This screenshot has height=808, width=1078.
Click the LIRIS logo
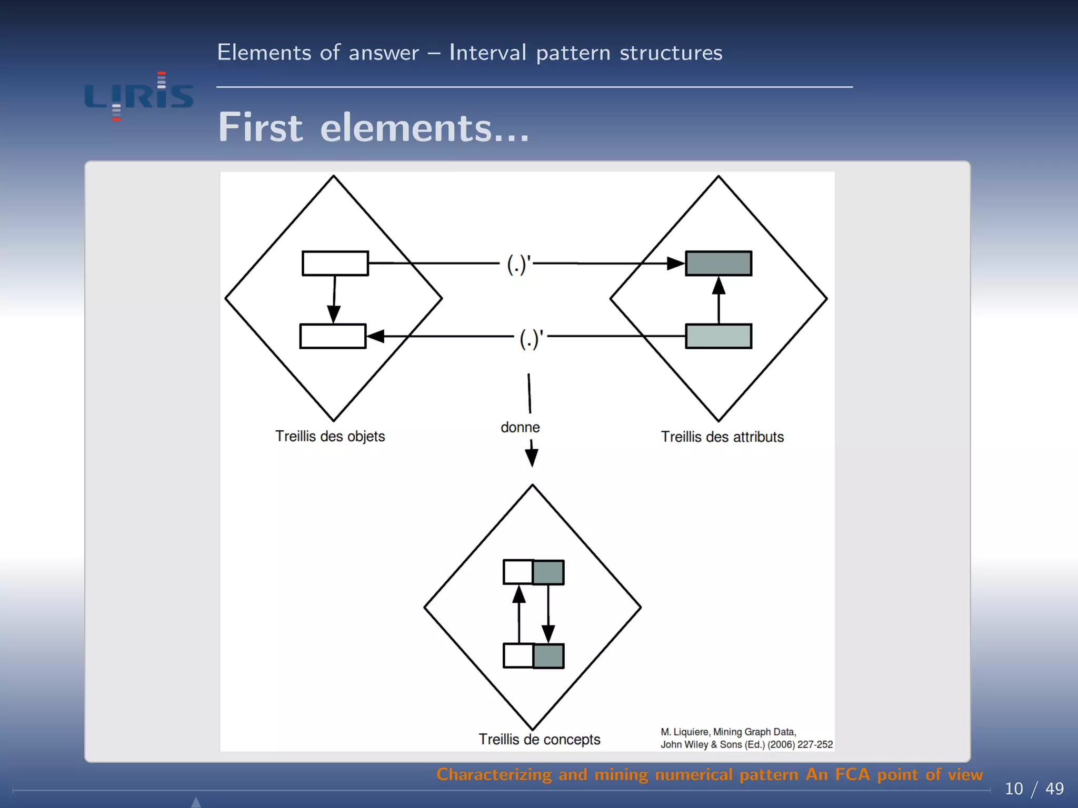(139, 96)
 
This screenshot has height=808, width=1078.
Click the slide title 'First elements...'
(373, 128)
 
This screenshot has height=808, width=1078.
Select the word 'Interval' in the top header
(487, 53)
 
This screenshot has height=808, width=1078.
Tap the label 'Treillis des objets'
(330, 436)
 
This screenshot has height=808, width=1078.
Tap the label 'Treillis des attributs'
(722, 437)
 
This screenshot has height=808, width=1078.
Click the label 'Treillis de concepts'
(539, 739)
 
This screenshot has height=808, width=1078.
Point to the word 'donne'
(520, 427)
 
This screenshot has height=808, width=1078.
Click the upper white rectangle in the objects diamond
(335, 263)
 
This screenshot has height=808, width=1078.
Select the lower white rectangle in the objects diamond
(333, 336)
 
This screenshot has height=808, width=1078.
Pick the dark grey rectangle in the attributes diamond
(718, 263)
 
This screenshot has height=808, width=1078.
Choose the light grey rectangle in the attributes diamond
(718, 336)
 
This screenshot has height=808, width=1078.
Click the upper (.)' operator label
(519, 264)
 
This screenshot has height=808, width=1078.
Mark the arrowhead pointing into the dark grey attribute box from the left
(675, 263)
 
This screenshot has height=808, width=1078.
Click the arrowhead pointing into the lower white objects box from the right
(375, 336)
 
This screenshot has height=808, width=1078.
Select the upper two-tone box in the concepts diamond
(534, 572)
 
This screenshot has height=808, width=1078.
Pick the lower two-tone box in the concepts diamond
(534, 656)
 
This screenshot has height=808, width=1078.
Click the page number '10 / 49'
(1034, 789)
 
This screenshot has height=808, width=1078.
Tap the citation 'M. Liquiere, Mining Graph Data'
(728, 732)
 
